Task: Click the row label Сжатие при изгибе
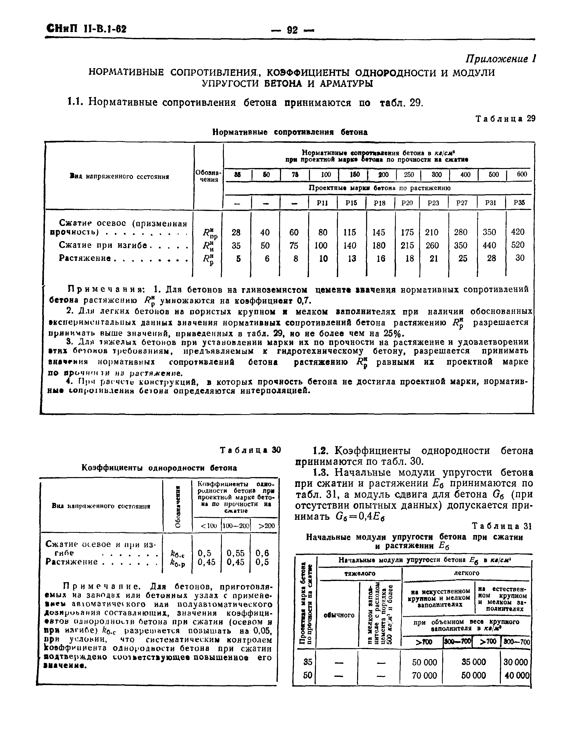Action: pyautogui.click(x=103, y=245)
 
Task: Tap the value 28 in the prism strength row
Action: pyautogui.click(x=236, y=232)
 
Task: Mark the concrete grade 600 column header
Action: pyautogui.click(x=522, y=175)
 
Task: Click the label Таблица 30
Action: pyautogui.click(x=251, y=450)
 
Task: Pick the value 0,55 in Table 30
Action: pyautogui.click(x=235, y=553)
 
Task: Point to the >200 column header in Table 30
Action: pyautogui.click(x=267, y=526)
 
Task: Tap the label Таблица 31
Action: pyautogui.click(x=501, y=526)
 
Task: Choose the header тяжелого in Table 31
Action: pyautogui.click(x=360, y=573)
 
